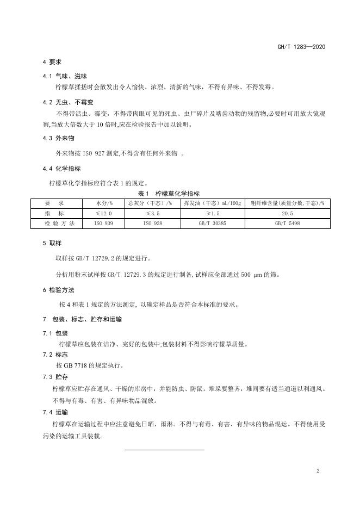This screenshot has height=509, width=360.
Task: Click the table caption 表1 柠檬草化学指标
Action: tap(169, 194)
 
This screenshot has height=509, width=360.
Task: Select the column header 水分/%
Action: tap(103, 203)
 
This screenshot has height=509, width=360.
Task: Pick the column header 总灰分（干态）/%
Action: tap(150, 203)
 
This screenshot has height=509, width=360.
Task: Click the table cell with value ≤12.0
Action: tap(103, 213)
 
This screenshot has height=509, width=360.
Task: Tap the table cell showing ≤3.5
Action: tap(150, 213)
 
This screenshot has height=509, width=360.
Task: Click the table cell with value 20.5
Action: tap(287, 213)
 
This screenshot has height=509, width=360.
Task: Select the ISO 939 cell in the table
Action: tap(103, 224)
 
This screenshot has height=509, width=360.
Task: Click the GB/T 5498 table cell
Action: tap(287, 224)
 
